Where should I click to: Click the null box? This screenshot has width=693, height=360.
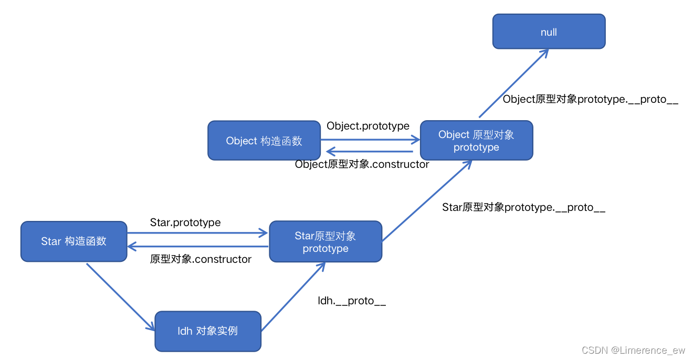(549, 31)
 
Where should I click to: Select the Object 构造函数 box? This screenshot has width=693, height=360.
(264, 140)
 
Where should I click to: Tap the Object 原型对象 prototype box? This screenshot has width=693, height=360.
(476, 141)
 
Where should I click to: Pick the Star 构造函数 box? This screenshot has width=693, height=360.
(73, 241)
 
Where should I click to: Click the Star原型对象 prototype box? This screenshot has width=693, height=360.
(325, 242)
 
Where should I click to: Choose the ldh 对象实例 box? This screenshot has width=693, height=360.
(207, 331)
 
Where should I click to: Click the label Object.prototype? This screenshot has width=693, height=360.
(367, 126)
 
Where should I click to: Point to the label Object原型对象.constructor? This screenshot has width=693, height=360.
(362, 164)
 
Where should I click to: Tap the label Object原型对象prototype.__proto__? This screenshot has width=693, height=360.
(590, 99)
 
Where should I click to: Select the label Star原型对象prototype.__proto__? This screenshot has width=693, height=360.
(523, 207)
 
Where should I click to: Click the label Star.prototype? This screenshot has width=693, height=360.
(185, 223)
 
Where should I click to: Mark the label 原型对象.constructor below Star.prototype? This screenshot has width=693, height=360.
(201, 259)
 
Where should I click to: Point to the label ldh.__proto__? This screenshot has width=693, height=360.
(352, 301)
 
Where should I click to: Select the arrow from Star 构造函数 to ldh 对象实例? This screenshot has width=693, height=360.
(120, 297)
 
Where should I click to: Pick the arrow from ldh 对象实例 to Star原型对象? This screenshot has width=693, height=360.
(293, 297)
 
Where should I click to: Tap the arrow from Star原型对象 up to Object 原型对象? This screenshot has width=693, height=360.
(426, 201)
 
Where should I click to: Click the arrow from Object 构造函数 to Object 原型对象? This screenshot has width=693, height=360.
(370, 140)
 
